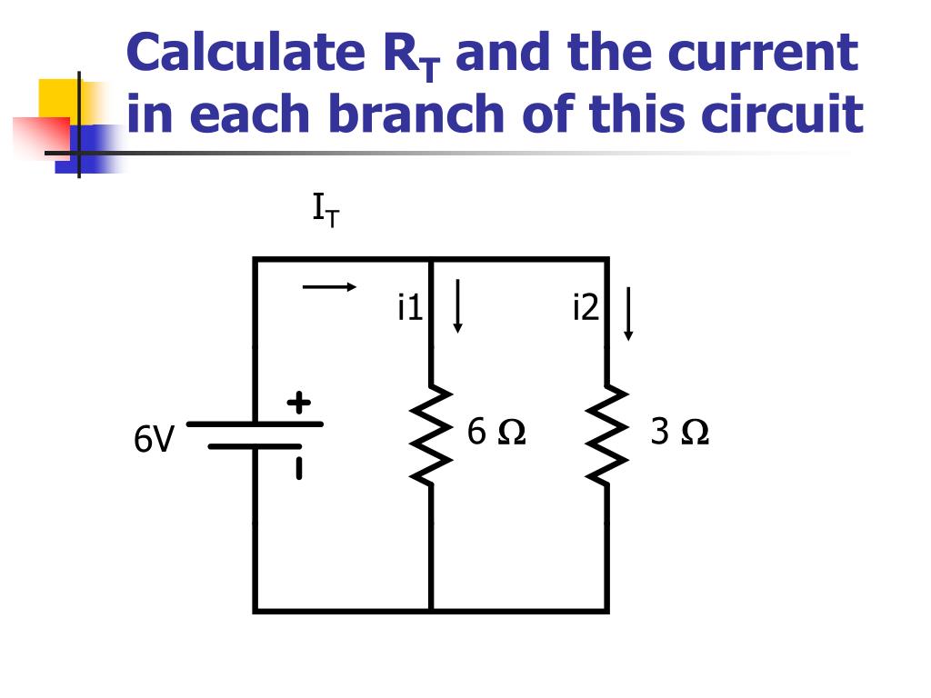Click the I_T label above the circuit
pyautogui.click(x=325, y=212)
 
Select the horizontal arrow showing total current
pyautogui.click(x=329, y=287)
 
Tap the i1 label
pyautogui.click(x=410, y=309)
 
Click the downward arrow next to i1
pyautogui.click(x=457, y=306)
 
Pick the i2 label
pyautogui.click(x=586, y=309)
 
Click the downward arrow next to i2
pyautogui.click(x=628, y=314)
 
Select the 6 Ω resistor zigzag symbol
pyautogui.click(x=430, y=434)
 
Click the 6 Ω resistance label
pyautogui.click(x=496, y=432)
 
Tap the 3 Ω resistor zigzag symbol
pyautogui.click(x=607, y=434)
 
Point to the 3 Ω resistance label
pyautogui.click(x=679, y=432)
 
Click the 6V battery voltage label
pyautogui.click(x=153, y=440)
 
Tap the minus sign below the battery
pyautogui.click(x=298, y=468)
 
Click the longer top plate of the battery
pyautogui.click(x=255, y=424)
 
